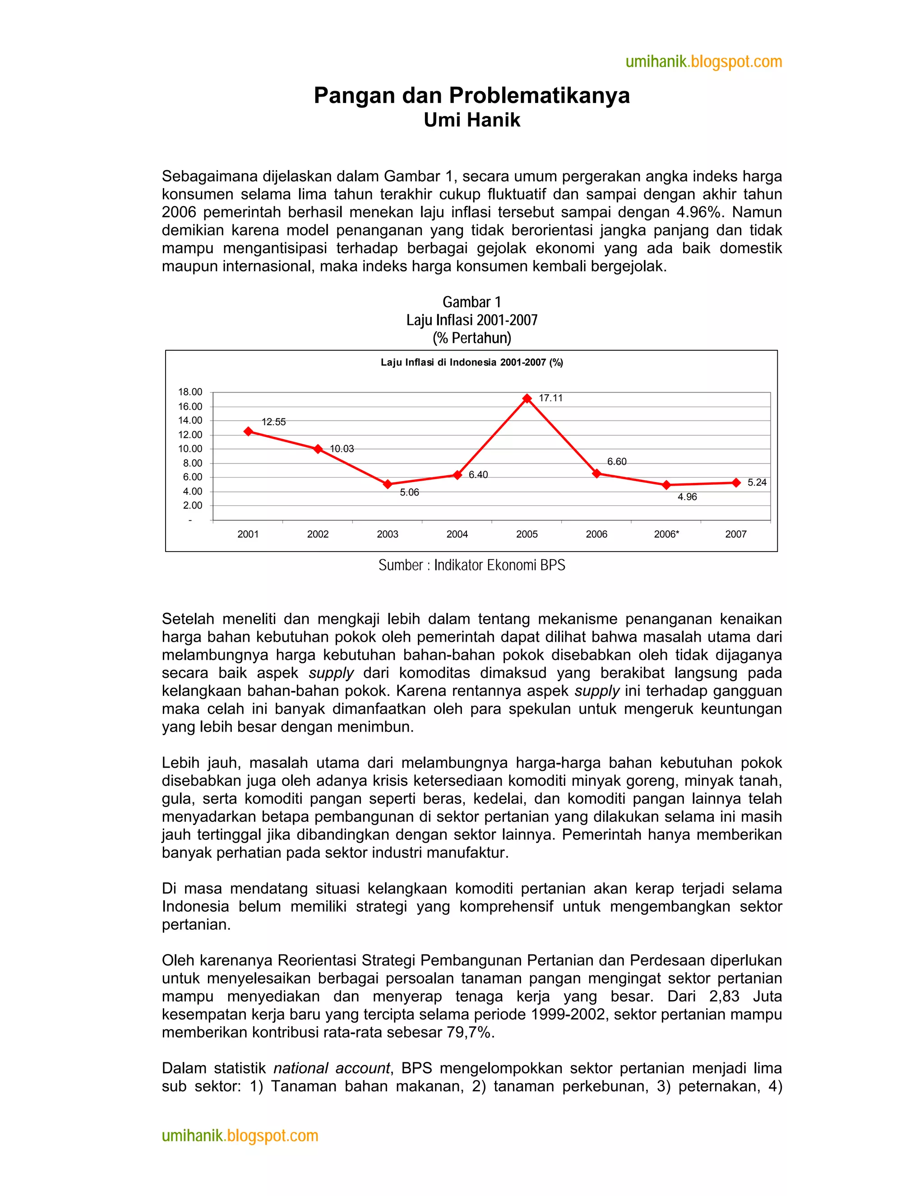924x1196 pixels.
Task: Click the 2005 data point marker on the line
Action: coord(527,399)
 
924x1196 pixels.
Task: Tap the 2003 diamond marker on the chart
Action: coord(388,484)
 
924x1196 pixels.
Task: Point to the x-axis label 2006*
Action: coord(666,534)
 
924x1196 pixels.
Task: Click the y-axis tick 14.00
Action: coord(190,421)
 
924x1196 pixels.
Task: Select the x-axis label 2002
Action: coord(318,534)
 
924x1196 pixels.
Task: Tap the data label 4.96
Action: coord(687,497)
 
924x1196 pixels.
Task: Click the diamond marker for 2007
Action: coord(736,482)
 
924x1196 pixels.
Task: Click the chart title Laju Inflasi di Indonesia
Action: coord(471,362)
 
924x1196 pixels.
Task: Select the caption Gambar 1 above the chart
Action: coord(471,302)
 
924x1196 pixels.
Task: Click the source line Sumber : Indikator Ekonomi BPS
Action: coord(471,565)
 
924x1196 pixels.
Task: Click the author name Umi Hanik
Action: coord(471,120)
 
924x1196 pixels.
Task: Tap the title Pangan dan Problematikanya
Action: coord(471,95)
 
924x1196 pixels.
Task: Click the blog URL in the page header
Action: coord(703,61)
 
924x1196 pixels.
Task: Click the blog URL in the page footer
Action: coord(240,1136)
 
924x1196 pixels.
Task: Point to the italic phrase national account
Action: coord(331,1068)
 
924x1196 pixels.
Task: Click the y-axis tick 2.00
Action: coord(192,505)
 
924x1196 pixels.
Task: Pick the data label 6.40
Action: coord(478,474)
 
